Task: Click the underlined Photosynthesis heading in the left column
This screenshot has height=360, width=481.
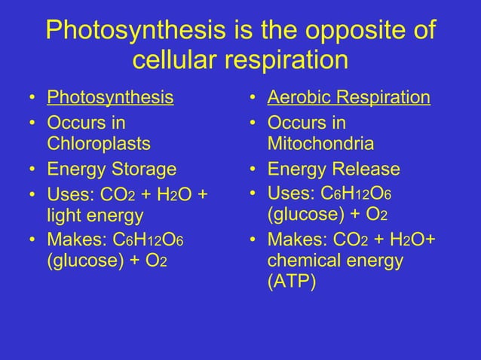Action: (110, 98)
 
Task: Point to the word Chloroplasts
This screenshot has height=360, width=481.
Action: (99, 143)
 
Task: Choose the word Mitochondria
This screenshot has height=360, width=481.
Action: (321, 143)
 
